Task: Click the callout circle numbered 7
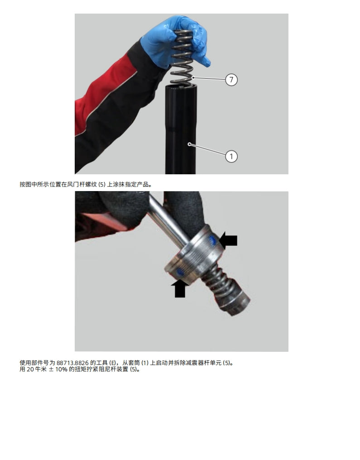(x=231, y=80)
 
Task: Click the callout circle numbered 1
(x=231, y=157)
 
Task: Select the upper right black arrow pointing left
(x=229, y=240)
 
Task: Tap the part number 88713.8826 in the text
(x=73, y=363)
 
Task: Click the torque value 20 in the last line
(x=29, y=369)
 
